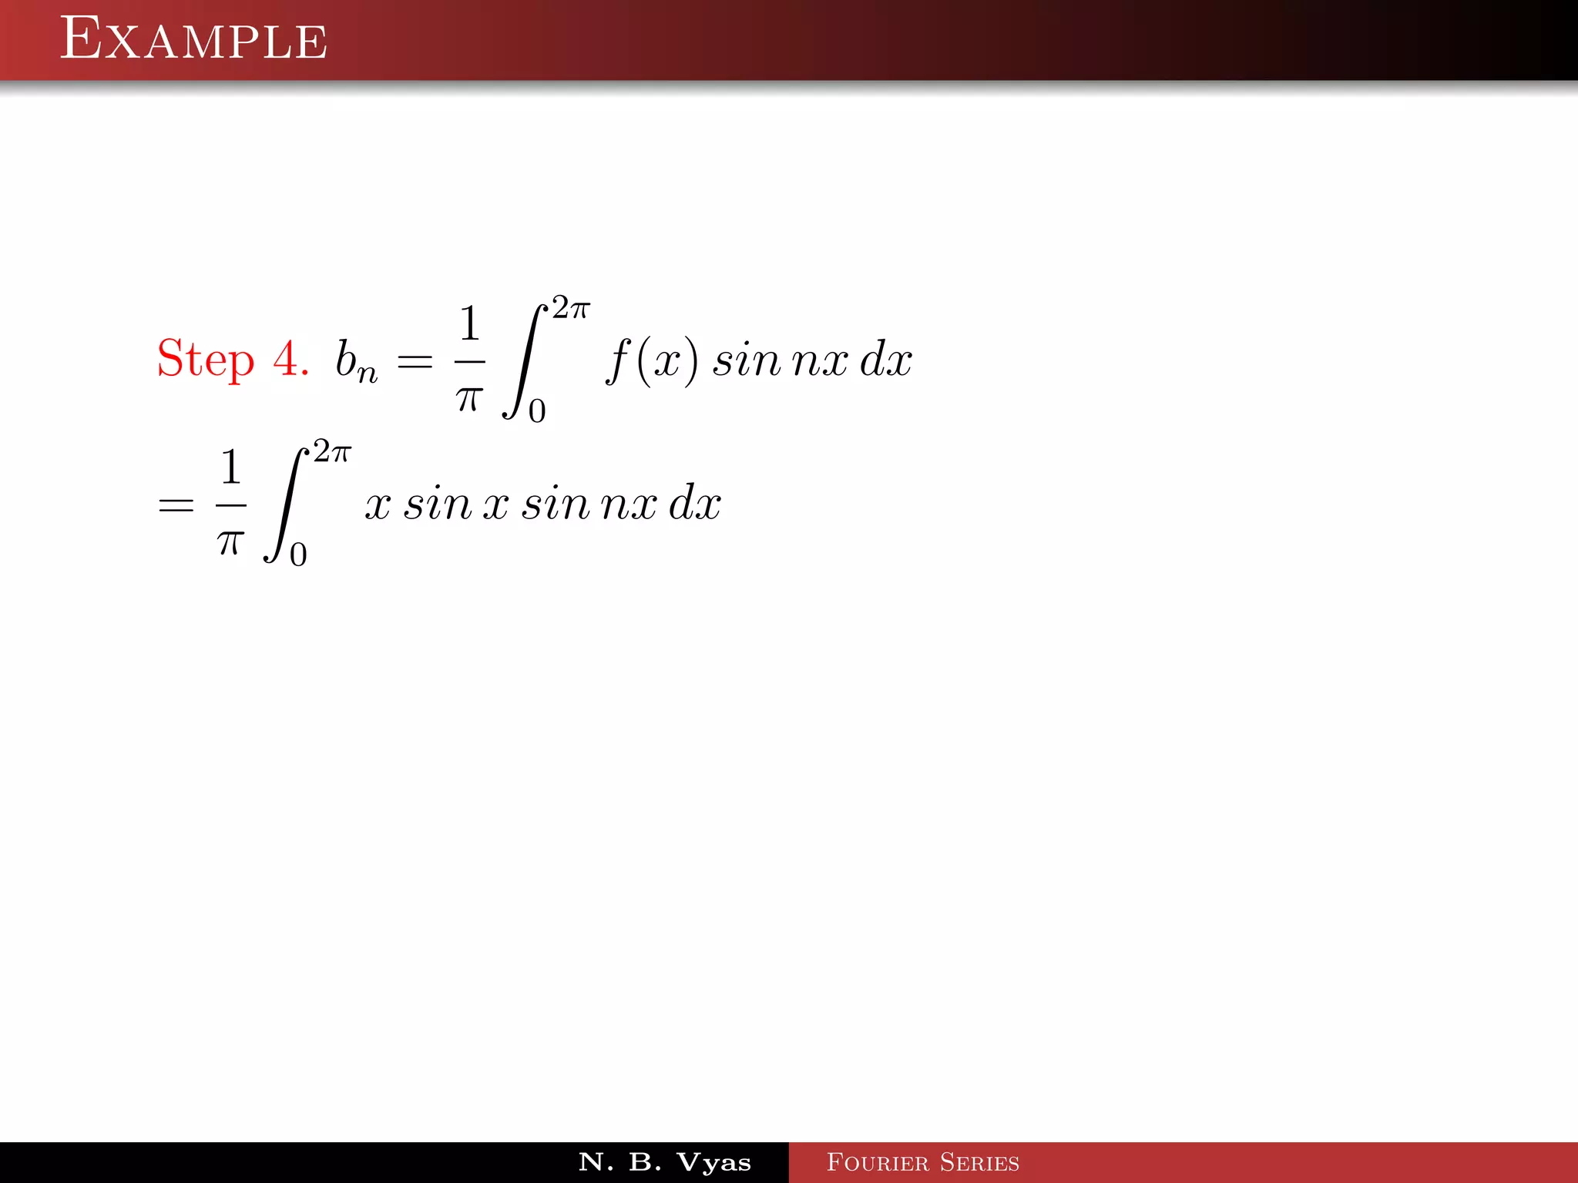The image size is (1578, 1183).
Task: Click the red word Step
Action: point(205,359)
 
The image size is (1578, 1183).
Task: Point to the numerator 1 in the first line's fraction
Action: point(469,323)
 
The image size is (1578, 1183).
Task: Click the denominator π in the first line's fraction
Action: point(469,398)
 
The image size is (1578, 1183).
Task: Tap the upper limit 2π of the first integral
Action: point(571,308)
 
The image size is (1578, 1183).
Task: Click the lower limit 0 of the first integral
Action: point(537,411)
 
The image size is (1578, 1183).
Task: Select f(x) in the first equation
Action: point(653,360)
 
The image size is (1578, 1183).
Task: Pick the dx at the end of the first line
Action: point(886,360)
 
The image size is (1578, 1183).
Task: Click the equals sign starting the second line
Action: point(176,506)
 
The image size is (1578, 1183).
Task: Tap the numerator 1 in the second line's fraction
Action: point(230,468)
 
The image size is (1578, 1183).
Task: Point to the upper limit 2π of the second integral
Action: point(332,452)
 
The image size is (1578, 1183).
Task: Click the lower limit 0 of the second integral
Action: point(298,555)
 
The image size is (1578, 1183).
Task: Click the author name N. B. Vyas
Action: point(665,1162)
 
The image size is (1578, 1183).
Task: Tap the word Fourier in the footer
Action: point(878,1162)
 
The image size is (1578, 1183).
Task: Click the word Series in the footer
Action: point(979,1162)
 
